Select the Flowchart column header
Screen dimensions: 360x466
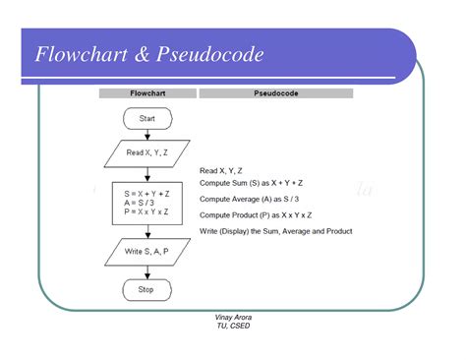(146, 93)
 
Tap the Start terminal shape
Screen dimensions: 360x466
(146, 119)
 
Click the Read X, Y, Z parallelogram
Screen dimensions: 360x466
(146, 152)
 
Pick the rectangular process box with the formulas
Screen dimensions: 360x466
(146, 201)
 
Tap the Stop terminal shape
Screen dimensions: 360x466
(146, 290)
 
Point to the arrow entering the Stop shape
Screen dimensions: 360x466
(146, 272)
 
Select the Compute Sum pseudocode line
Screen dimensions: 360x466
(251, 183)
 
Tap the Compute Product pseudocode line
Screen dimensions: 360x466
(255, 214)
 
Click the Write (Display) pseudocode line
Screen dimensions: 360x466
(275, 231)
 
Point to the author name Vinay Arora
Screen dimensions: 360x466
(233, 318)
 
